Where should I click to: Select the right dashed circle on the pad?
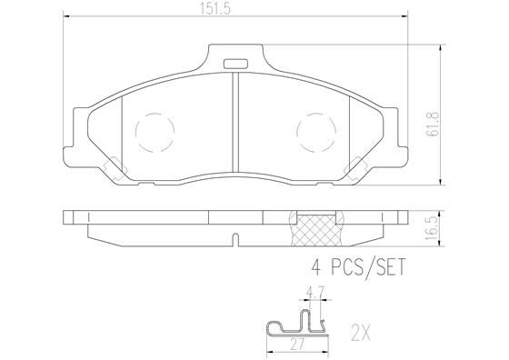click(317, 133)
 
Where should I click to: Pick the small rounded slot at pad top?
click(235, 64)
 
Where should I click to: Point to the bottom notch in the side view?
click(235, 241)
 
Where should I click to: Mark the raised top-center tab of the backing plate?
click(235, 59)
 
